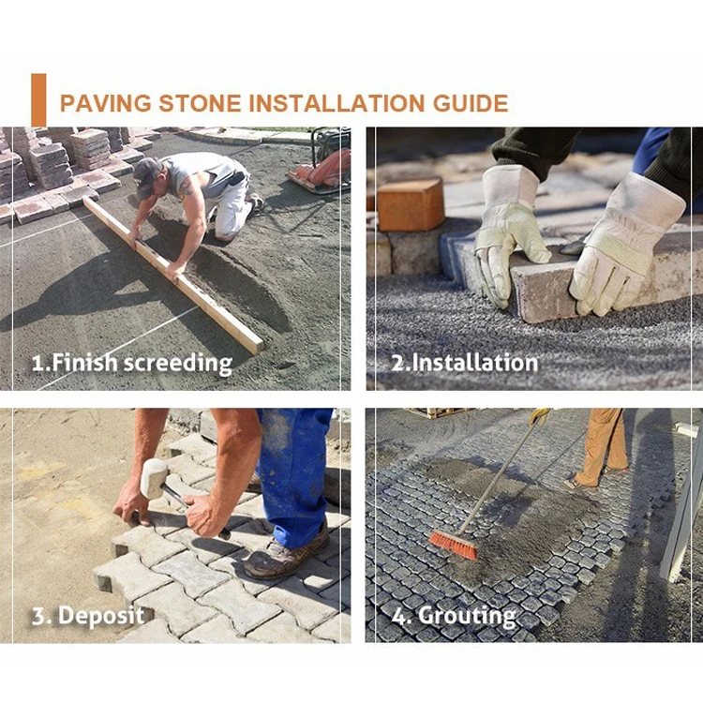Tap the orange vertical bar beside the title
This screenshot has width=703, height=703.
pyautogui.click(x=38, y=100)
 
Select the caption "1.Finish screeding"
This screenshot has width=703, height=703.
pyautogui.click(x=132, y=363)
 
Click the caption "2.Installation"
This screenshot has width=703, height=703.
pyautogui.click(x=465, y=362)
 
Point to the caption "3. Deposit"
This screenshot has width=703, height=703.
pyautogui.click(x=88, y=615)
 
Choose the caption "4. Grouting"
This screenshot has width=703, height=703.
pyautogui.click(x=454, y=616)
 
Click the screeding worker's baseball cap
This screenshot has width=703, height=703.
pyautogui.click(x=146, y=177)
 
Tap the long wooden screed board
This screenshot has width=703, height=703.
pyautogui.click(x=174, y=275)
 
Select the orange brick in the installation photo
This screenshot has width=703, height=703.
pyautogui.click(x=411, y=204)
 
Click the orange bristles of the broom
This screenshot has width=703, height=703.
pyautogui.click(x=453, y=546)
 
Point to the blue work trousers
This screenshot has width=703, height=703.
pyautogui.click(x=295, y=475)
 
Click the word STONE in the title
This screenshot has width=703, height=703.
pyautogui.click(x=200, y=103)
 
